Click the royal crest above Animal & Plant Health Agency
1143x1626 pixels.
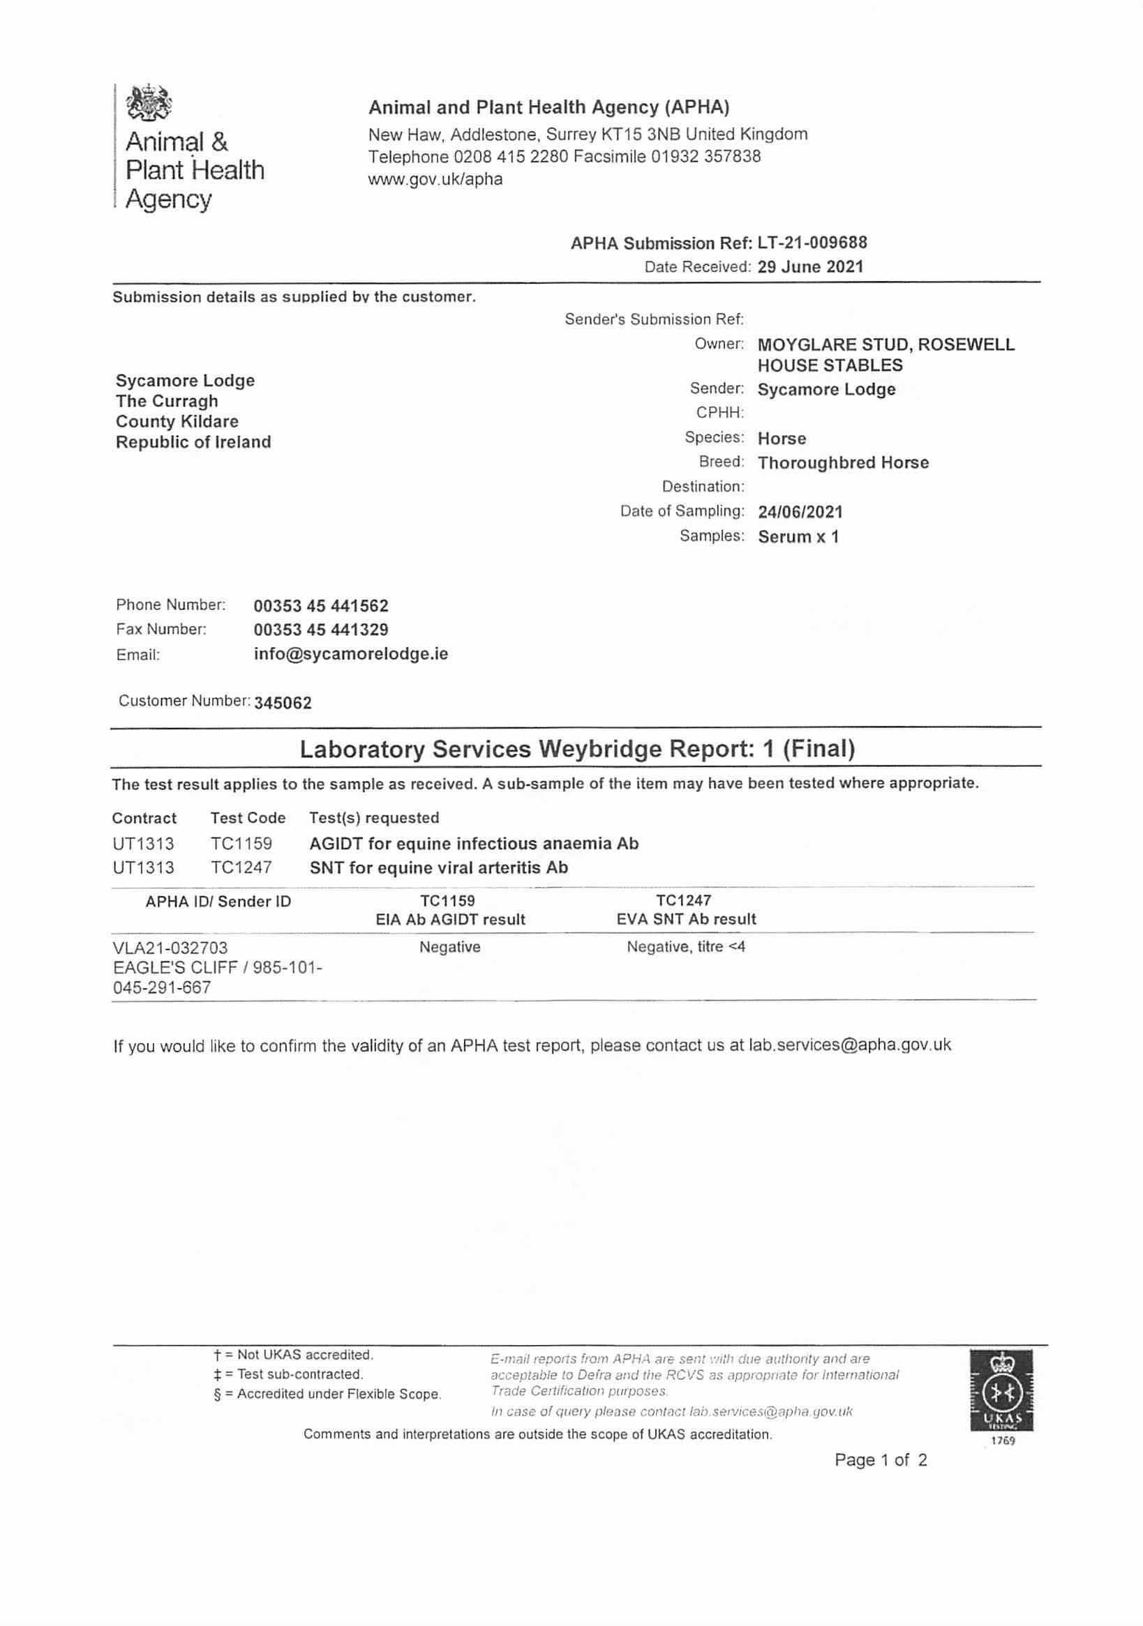149,103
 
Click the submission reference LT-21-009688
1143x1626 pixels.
812,243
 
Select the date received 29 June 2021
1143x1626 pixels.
810,267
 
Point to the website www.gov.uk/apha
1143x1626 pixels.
435,179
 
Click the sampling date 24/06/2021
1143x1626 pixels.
800,511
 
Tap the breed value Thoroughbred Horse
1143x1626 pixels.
842,463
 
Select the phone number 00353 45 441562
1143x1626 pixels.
321,606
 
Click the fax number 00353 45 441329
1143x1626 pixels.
321,630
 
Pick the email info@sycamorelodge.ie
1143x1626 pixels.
351,653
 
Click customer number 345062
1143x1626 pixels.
283,703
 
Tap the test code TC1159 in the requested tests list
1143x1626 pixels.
241,844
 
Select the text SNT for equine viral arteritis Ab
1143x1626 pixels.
439,867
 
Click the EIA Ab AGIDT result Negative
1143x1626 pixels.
449,947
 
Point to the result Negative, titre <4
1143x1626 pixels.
685,947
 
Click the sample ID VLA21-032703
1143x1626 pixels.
170,948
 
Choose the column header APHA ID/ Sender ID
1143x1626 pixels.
218,902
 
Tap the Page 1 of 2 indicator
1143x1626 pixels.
880,1459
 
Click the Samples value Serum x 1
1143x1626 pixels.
798,537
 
